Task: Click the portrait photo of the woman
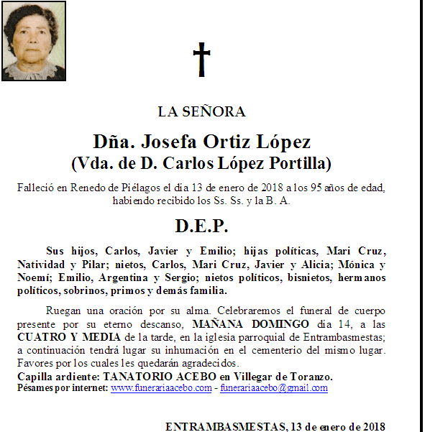click(x=34, y=41)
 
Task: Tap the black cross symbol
click(x=202, y=60)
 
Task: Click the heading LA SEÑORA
click(x=202, y=111)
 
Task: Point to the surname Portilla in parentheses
click(x=296, y=163)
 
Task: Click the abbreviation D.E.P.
click(x=202, y=226)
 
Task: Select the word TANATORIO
click(x=134, y=377)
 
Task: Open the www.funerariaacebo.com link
click(x=160, y=388)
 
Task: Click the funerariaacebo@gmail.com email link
click(x=274, y=388)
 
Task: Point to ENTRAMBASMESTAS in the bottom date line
click(x=223, y=426)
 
